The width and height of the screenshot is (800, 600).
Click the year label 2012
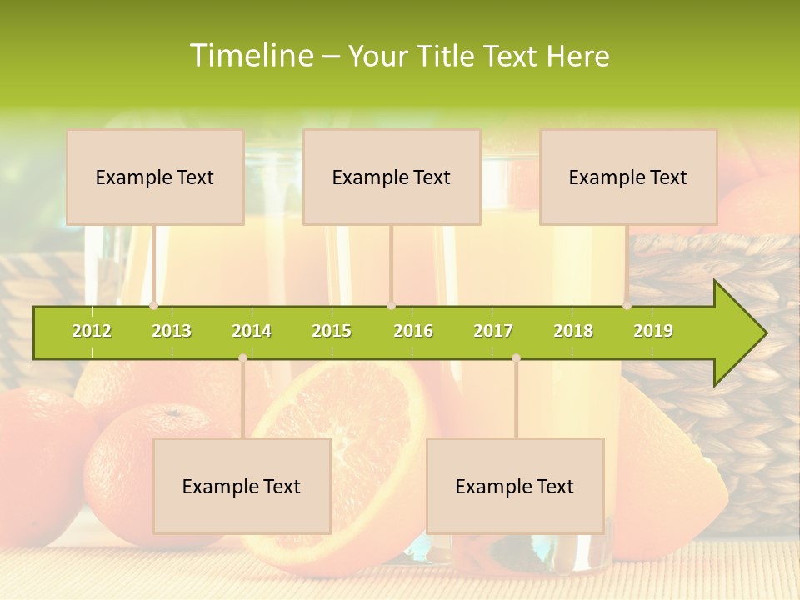pos(92,331)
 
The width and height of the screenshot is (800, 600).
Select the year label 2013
pos(172,331)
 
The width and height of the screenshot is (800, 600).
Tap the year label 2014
pos(252,331)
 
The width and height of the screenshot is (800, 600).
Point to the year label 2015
pos(332,331)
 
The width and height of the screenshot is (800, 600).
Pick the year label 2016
pos(413,331)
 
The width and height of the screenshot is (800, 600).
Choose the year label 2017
pos(493,331)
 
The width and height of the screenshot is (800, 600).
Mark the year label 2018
pos(573,331)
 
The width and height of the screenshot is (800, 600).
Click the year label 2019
pos(653,331)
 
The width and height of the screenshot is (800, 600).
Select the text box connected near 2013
pos(155,177)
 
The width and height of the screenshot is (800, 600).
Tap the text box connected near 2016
pos(392,177)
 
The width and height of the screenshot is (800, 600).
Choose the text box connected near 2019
pos(628,177)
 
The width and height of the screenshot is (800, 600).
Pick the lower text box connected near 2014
pos(242,486)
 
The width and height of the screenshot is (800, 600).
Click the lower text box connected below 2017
pos(515,486)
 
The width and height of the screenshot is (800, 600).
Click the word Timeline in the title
pos(250,56)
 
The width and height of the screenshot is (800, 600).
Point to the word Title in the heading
pos(447,56)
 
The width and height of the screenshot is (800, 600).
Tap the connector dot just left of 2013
pos(154,306)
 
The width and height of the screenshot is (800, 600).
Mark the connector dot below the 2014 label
pos(242,357)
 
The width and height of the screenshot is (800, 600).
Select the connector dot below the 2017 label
pos(516,357)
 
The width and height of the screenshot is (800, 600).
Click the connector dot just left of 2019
pos(627,306)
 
